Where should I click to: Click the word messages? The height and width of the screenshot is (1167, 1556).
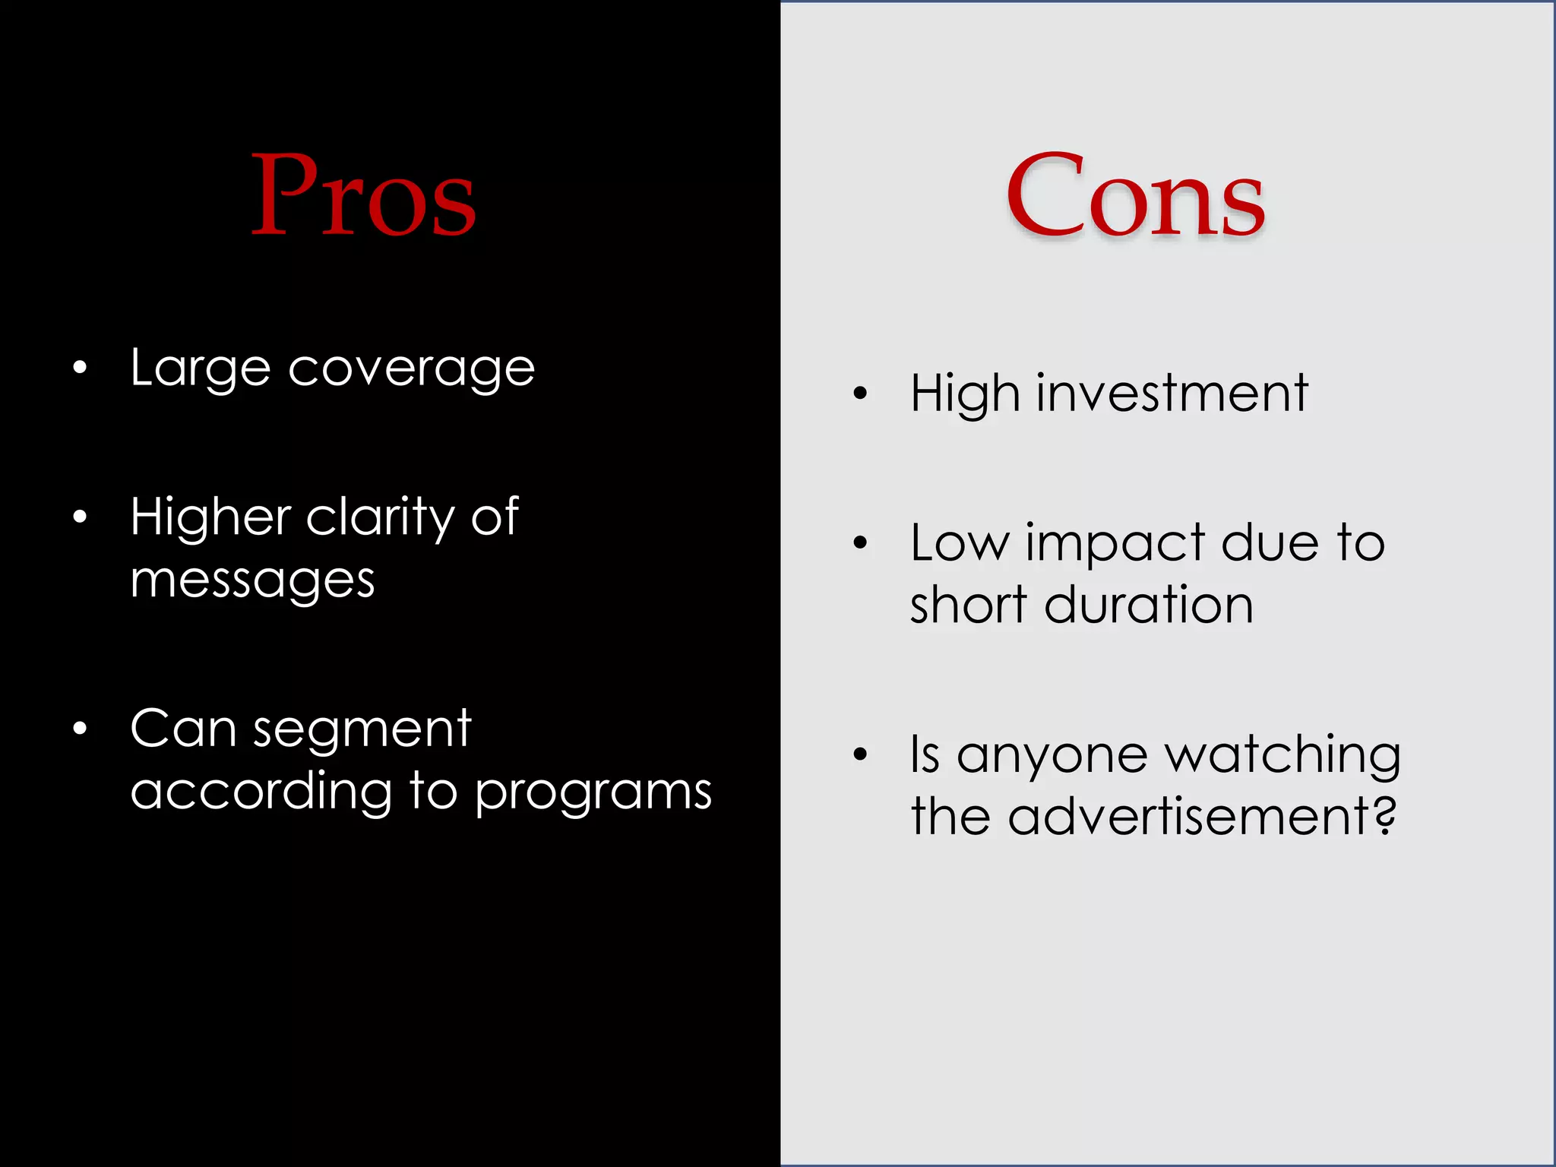click(x=252, y=581)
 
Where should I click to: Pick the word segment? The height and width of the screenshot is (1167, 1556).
click(x=362, y=730)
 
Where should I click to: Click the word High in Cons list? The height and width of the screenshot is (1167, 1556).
click(x=964, y=394)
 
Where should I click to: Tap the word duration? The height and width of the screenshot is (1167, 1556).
click(x=1148, y=606)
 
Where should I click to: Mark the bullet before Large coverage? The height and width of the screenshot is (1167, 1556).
click(x=80, y=368)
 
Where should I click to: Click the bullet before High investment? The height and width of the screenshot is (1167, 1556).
click(x=860, y=393)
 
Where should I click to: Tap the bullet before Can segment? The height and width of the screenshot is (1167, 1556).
click(x=80, y=729)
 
